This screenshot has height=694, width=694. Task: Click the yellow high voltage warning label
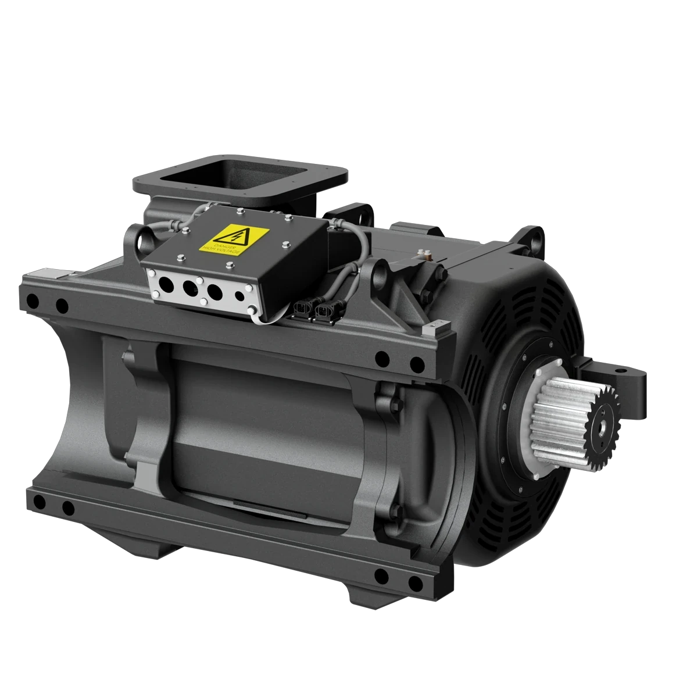(234, 239)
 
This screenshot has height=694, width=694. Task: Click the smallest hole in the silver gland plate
(239, 295)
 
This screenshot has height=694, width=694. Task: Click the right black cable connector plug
(323, 314)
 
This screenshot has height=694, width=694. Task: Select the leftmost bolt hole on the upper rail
(33, 301)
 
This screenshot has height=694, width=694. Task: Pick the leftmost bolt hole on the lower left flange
(39, 502)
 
